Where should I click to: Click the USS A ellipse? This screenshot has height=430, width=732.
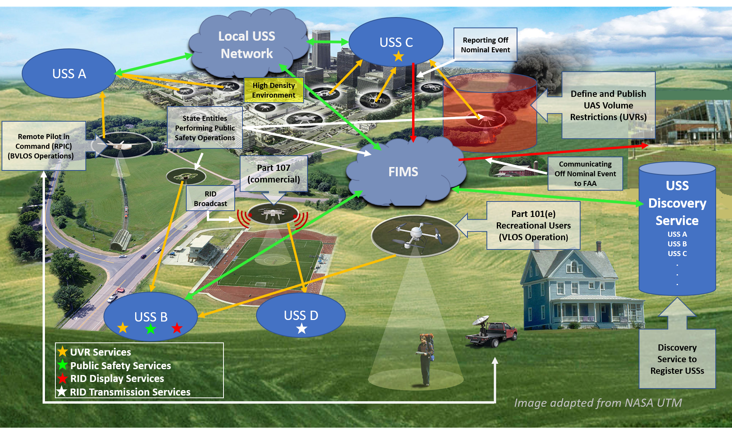69,74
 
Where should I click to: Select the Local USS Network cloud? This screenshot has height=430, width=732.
247,45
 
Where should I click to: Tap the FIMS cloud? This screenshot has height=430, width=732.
404,172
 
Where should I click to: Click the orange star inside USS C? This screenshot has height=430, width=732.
399,57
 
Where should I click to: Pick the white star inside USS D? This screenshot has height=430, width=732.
302,329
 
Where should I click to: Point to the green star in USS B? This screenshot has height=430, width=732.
150,329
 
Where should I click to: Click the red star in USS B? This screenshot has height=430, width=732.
177,328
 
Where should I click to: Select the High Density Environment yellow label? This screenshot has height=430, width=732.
273,90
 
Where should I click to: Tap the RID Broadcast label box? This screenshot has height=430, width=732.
210,198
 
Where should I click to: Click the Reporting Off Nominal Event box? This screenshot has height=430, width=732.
485,45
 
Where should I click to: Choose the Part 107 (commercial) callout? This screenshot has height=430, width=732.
273,174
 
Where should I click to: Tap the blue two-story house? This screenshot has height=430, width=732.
573,291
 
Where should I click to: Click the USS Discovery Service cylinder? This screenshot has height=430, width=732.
677,229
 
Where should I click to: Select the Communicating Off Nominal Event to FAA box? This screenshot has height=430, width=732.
585,174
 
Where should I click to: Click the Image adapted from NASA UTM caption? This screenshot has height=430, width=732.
598,403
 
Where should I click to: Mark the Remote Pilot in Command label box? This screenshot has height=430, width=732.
43,146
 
